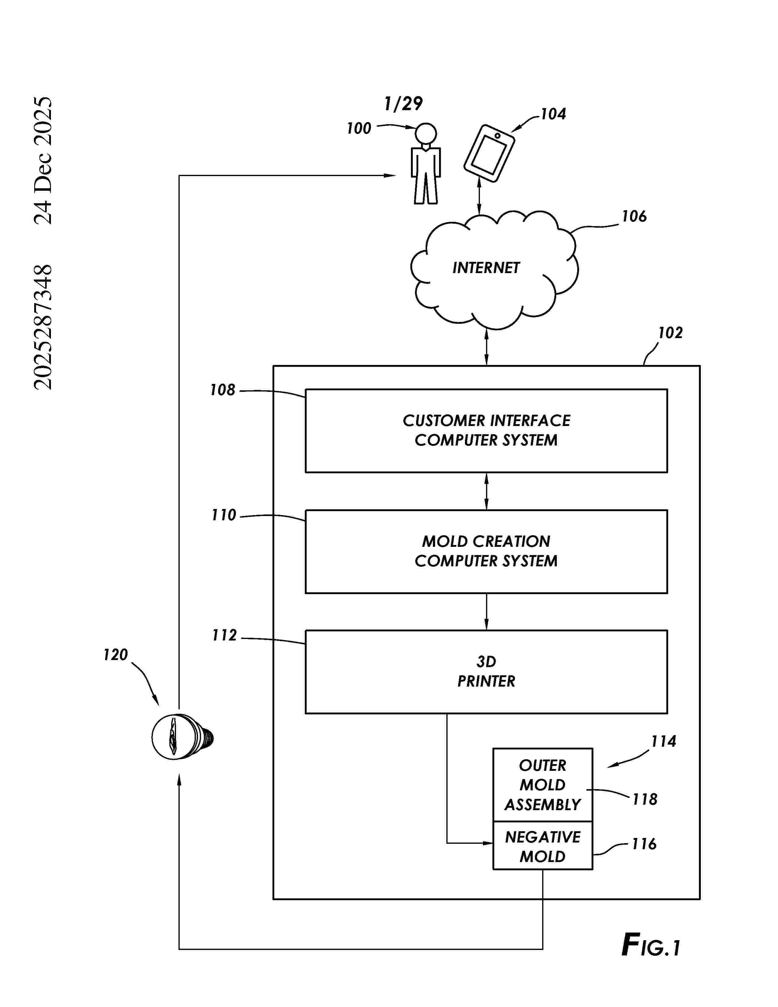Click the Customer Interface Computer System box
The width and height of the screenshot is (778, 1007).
tap(486, 431)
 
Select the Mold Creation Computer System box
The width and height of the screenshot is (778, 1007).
tap(486, 551)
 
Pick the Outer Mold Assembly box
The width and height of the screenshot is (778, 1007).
tap(542, 785)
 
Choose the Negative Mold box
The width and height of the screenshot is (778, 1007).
tap(542, 846)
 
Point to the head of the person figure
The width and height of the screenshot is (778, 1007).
tap(425, 134)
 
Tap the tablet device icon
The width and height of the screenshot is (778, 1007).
tap(489, 153)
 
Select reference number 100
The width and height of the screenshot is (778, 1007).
tap(358, 128)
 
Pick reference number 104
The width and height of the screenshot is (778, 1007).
tap(553, 114)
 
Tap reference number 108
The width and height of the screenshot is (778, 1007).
tap(223, 390)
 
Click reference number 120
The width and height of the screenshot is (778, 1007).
tap(115, 655)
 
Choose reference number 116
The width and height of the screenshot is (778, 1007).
tap(643, 844)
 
